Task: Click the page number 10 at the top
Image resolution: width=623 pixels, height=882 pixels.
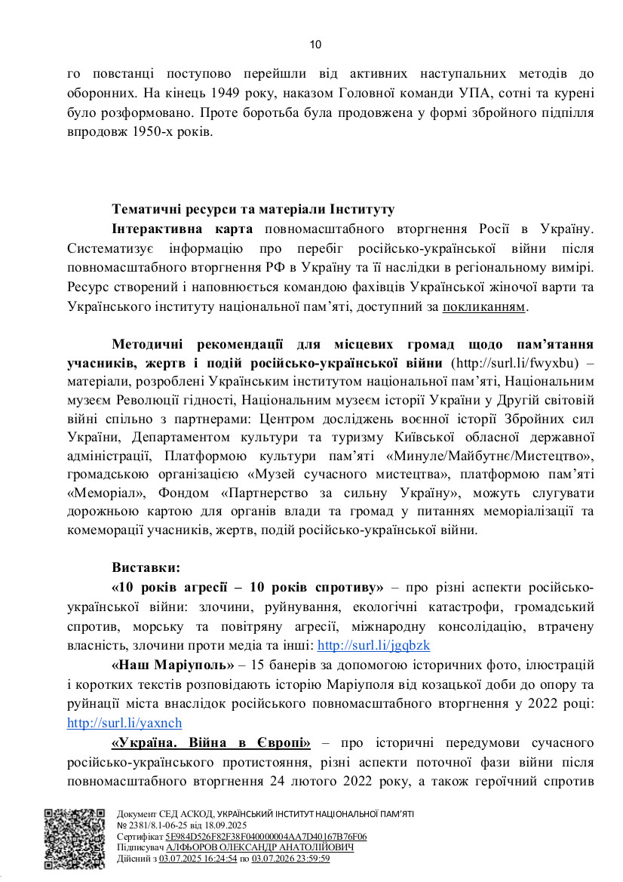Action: tap(315, 45)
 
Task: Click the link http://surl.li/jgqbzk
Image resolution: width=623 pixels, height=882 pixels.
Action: tap(373, 645)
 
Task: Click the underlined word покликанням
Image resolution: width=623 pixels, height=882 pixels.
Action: tap(485, 307)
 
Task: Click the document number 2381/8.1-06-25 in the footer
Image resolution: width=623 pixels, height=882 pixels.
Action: tap(155, 825)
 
